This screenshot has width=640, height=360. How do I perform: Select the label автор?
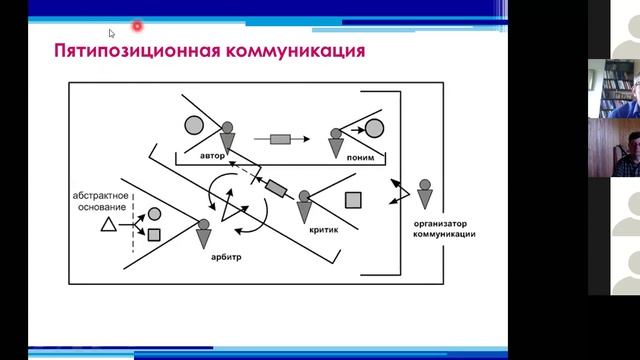coord(212,156)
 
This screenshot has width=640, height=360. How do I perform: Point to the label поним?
coord(360,158)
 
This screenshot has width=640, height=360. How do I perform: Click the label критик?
coord(324,230)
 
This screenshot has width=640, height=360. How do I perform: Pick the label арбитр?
coord(226,257)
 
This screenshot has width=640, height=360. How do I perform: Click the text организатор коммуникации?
coord(444,229)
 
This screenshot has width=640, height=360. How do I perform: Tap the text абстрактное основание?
coord(101,201)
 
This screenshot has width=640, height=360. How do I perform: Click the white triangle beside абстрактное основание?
coord(109,225)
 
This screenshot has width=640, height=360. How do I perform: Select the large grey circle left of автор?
coord(194,125)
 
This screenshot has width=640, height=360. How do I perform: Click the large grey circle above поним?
coord(374,128)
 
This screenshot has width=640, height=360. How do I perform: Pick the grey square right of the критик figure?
coord(353,200)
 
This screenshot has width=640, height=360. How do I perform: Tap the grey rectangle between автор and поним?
coord(280,139)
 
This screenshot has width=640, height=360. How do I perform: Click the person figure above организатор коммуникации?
coord(425,194)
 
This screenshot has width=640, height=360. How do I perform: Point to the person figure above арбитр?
coord(204,234)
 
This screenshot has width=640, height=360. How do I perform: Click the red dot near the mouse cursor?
coord(137,26)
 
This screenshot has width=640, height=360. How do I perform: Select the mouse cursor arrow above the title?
coord(111,33)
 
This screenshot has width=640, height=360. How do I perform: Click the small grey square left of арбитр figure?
coord(154,235)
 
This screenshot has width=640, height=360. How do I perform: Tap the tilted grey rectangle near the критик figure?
coord(276,189)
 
